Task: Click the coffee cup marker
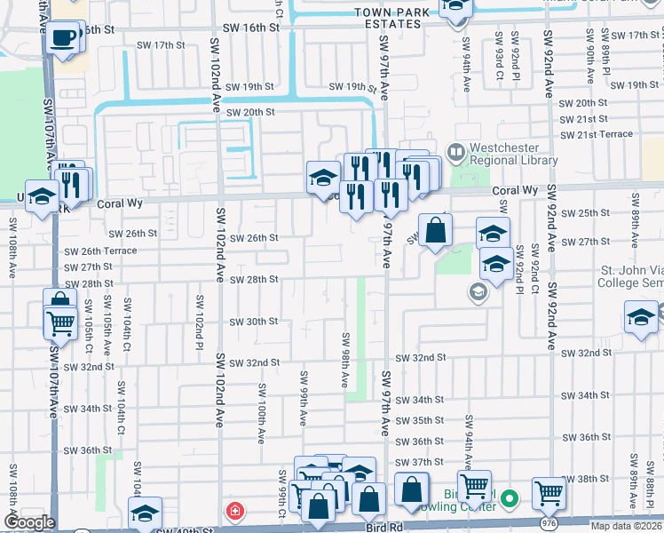pyautogui.click(x=63, y=37)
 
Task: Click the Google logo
pyautogui.click(x=28, y=522)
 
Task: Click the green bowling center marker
pyautogui.click(x=509, y=500)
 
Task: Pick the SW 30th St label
pyautogui.click(x=254, y=322)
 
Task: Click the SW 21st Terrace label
pyautogui.click(x=597, y=134)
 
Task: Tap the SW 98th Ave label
pyautogui.click(x=345, y=360)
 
